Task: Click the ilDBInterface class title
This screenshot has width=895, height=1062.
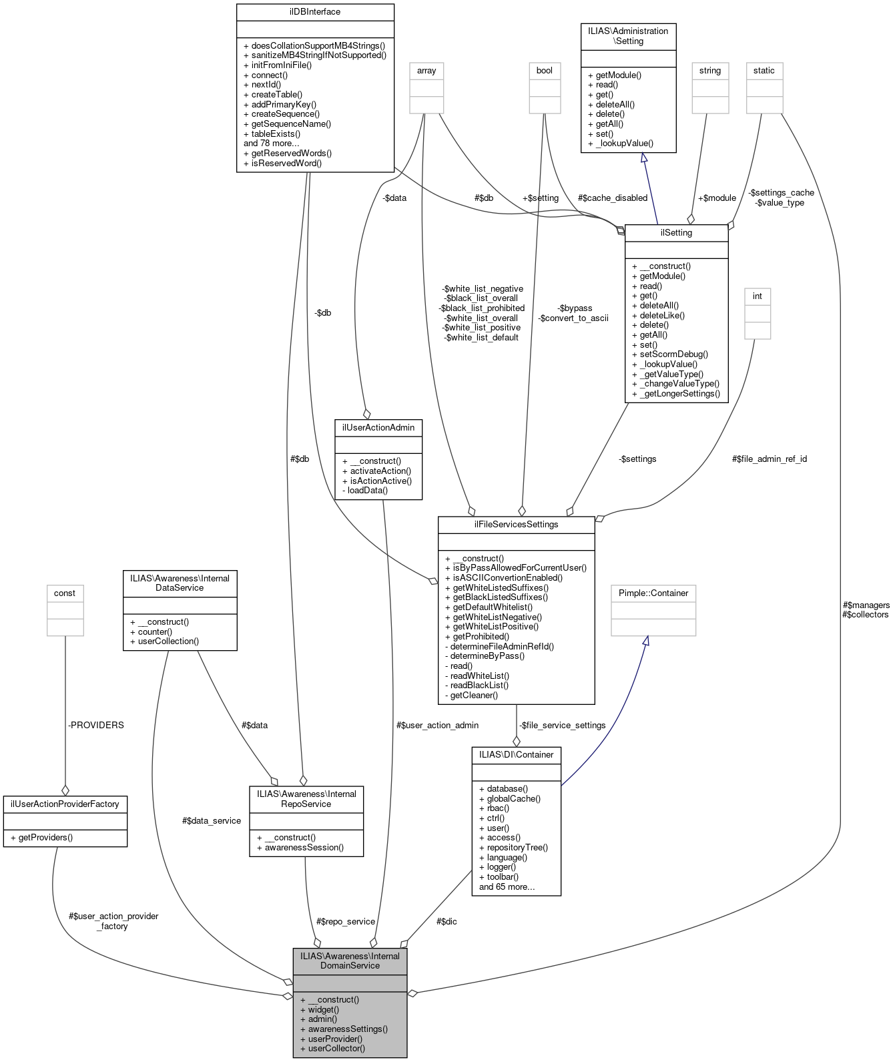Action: [x=315, y=11]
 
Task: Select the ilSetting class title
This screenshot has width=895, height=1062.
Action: [x=676, y=232]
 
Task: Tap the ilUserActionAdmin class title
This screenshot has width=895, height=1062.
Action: [x=378, y=427]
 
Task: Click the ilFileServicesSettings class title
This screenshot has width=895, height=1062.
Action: [x=516, y=524]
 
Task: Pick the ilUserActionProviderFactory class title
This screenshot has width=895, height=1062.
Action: [x=65, y=804]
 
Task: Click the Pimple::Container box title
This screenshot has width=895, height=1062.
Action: [x=653, y=593]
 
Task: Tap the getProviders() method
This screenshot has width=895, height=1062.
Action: [x=45, y=837]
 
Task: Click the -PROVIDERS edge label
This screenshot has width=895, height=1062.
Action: [x=96, y=725]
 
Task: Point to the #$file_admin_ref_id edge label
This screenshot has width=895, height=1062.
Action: [x=770, y=459]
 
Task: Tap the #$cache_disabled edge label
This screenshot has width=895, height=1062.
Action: [x=613, y=198]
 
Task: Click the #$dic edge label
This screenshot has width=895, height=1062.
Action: [x=446, y=921]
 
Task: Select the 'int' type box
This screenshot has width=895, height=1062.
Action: [x=758, y=296]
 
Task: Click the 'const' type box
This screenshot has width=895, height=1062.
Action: [x=65, y=593]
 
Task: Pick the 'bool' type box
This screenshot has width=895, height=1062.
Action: [x=545, y=70]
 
